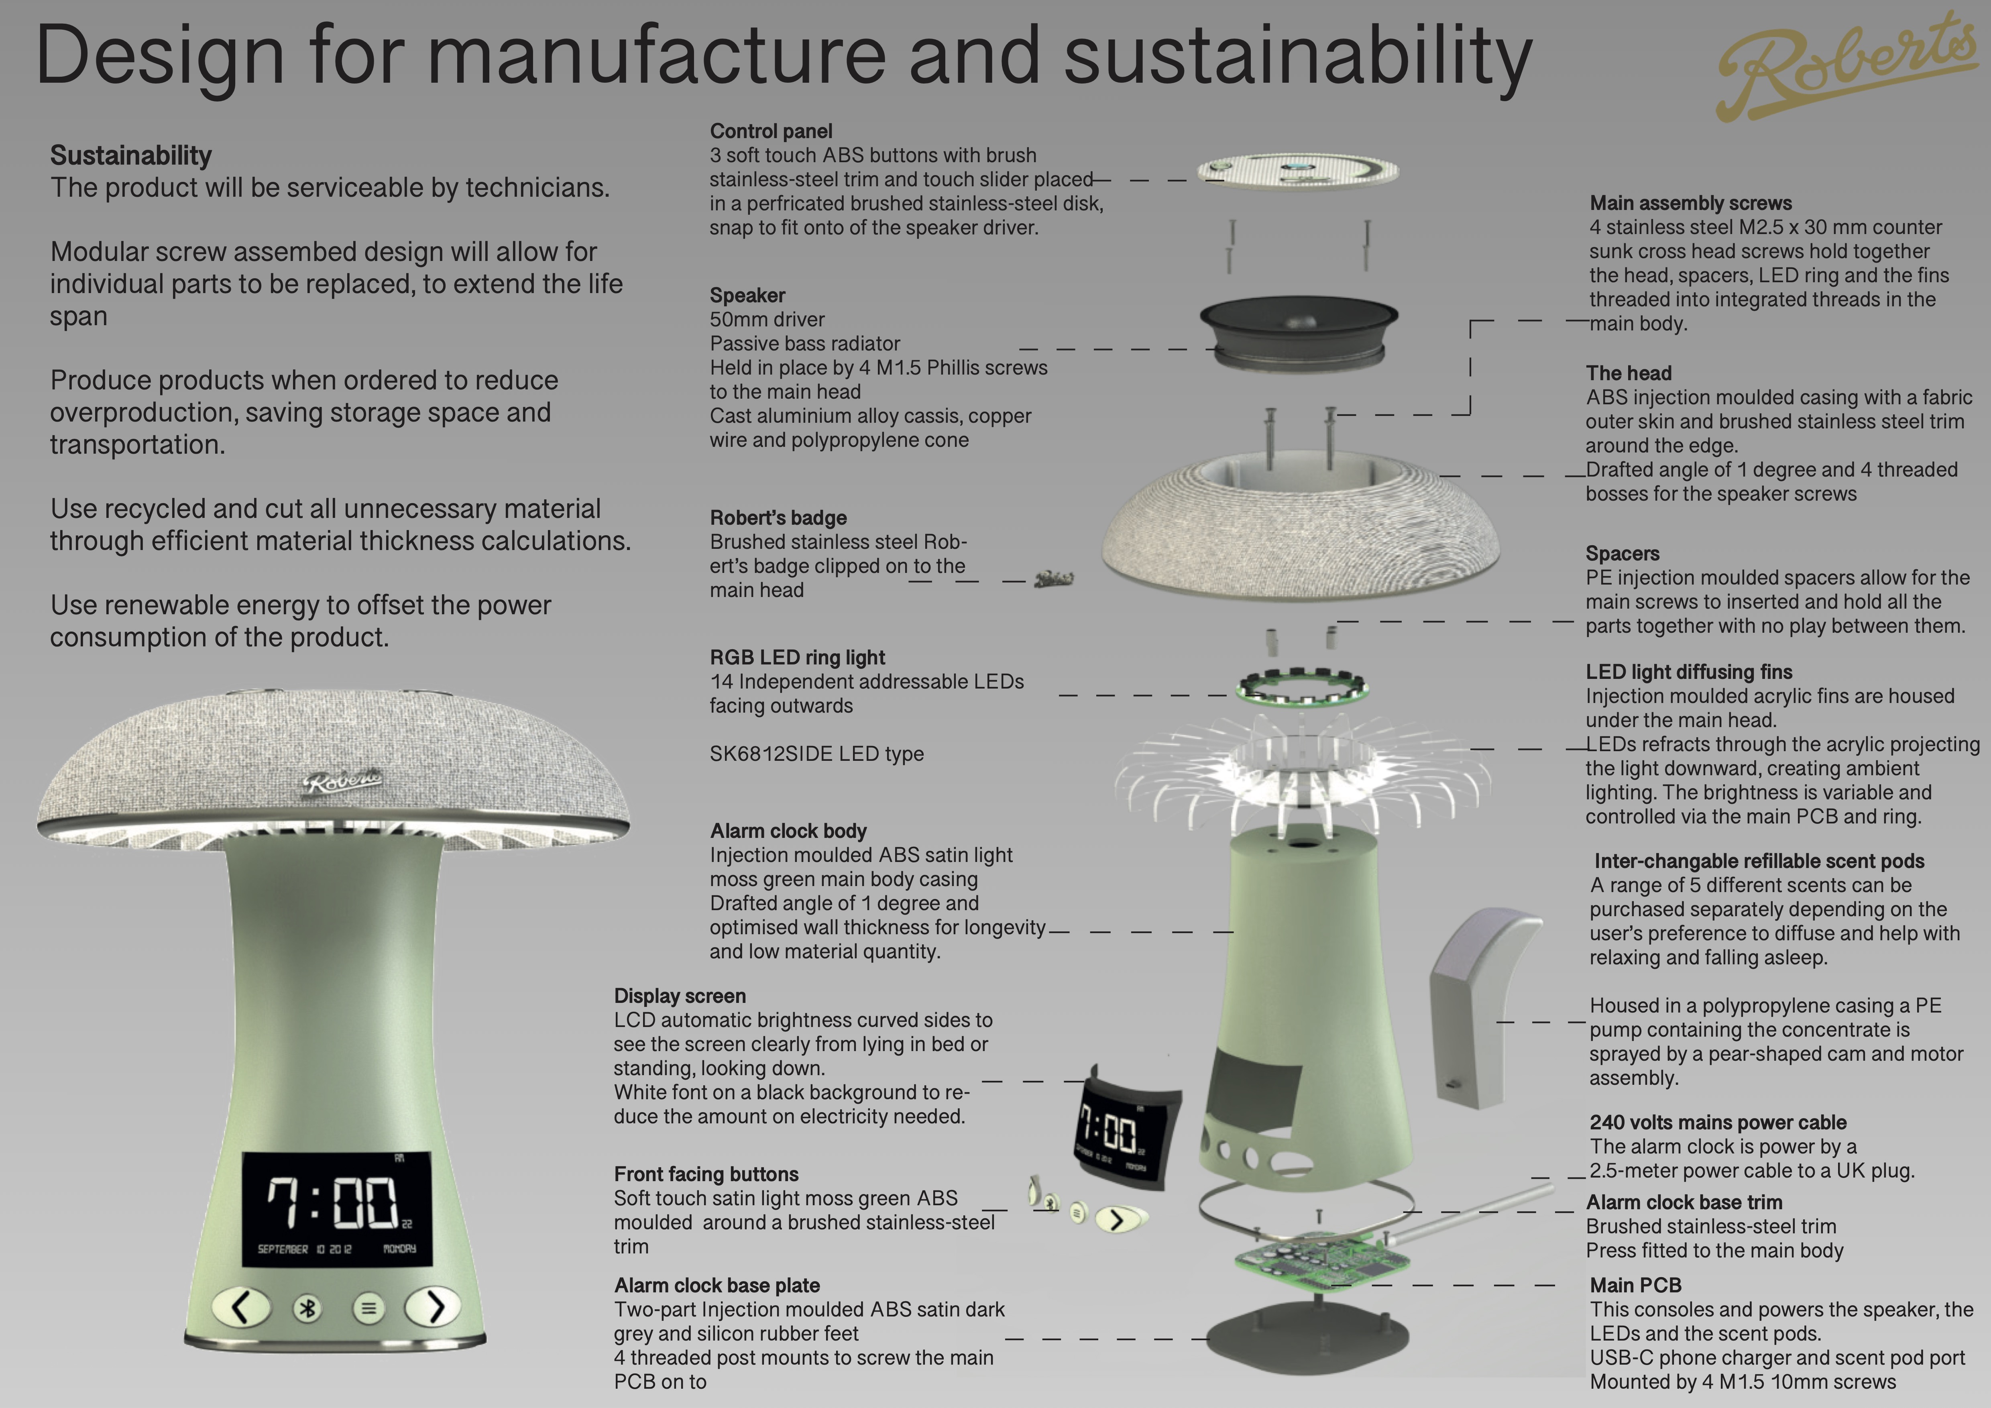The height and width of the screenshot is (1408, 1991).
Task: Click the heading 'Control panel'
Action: click(x=771, y=131)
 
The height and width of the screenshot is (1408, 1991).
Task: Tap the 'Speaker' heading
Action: click(x=747, y=295)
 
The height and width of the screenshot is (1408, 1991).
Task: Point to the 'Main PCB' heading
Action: click(x=1635, y=1285)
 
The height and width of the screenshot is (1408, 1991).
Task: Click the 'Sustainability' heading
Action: click(x=131, y=155)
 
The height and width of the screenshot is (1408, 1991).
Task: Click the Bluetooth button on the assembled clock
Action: click(x=307, y=1308)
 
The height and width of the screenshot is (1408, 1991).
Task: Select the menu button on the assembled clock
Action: click(x=368, y=1308)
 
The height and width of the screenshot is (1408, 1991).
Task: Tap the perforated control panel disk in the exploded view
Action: click(x=1297, y=170)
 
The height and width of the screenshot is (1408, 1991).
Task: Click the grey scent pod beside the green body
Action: click(x=1484, y=1007)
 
